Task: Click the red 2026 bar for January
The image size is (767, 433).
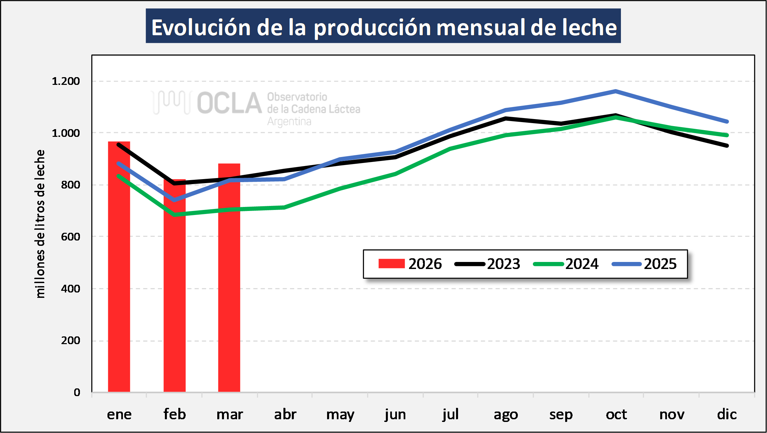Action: point(119,268)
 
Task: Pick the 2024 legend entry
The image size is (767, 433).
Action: point(566,264)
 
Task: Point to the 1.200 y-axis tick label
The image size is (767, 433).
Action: point(66,81)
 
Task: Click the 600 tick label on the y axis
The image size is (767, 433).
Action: point(71,237)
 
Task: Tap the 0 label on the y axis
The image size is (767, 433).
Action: point(77,392)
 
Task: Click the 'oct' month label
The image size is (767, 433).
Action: point(616,415)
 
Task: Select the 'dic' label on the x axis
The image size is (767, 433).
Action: point(727,415)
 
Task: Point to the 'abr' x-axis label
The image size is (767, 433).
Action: point(285,415)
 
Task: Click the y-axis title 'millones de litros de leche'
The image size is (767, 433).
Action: point(40,224)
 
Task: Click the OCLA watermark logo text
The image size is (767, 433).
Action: point(229,103)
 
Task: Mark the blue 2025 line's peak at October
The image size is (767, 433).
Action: point(616,91)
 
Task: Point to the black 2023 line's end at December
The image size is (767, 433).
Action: point(727,146)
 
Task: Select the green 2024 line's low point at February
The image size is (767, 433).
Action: point(175,214)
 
